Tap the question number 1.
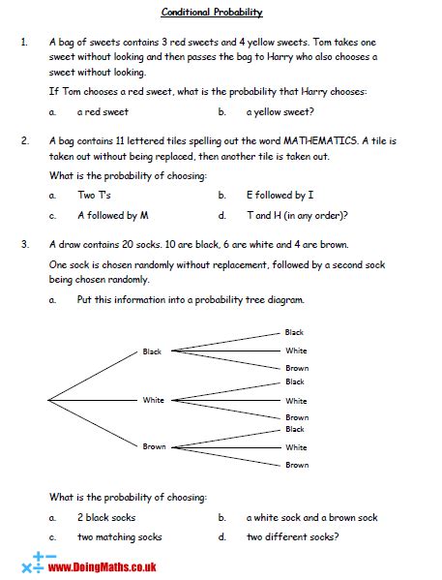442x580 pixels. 22,44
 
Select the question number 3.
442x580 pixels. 22,243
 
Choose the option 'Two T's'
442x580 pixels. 95,195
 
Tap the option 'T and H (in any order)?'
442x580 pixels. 297,215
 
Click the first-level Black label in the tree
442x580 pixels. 152,351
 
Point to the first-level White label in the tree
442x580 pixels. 153,399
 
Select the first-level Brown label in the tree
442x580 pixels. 154,446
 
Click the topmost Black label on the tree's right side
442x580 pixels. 294,332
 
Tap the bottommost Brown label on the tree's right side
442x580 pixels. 296,465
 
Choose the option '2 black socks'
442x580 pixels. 106,518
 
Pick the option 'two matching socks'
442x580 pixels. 120,537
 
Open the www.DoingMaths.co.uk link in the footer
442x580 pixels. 101,567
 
